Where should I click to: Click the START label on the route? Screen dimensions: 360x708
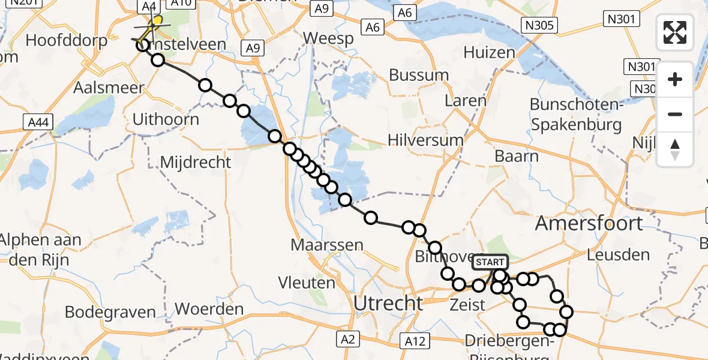point(490,262)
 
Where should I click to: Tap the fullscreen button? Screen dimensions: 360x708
point(675,32)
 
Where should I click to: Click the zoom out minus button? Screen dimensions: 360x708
point(675,114)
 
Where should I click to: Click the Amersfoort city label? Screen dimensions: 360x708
point(589,223)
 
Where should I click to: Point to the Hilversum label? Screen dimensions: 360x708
point(425,140)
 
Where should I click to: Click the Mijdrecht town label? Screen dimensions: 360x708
point(196,163)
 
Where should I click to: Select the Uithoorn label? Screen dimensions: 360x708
point(166,119)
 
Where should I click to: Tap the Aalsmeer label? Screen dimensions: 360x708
point(109,88)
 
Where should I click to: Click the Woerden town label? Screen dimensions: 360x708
point(209,310)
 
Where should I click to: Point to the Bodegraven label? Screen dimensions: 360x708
point(110,313)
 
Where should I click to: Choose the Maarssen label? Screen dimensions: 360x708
point(327,245)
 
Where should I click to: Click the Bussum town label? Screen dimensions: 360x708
point(419,76)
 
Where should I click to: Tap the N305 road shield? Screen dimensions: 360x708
point(539,25)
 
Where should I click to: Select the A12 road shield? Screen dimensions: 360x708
point(415,341)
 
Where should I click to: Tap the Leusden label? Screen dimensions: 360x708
point(618,254)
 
